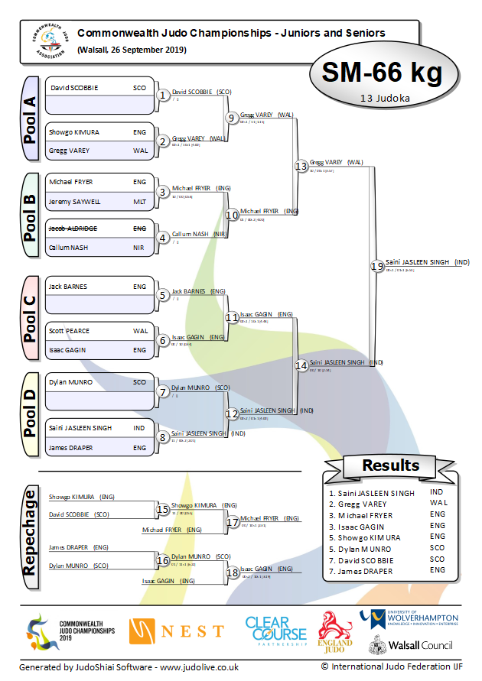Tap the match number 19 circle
[376, 266]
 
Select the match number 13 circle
[301, 166]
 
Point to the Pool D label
[30, 415]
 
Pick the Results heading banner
[390, 465]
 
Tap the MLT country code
[139, 202]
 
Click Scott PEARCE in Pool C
[69, 331]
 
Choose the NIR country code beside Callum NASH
[139, 248]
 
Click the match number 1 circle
[162, 96]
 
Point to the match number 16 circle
[162, 561]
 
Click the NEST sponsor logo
[177, 631]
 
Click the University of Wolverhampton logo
[409, 618]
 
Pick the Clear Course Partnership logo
[275, 631]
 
